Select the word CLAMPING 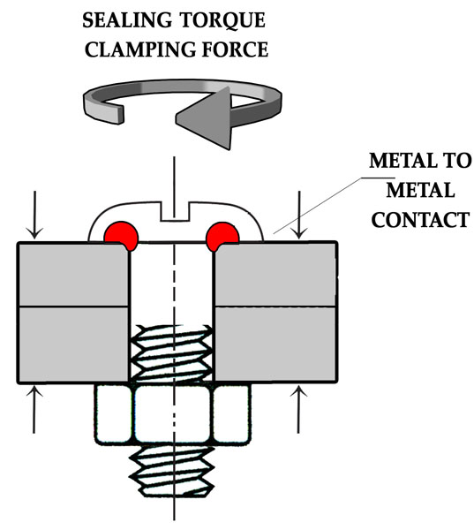pyautogui.click(x=139, y=49)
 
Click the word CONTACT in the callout pyautogui.click(x=420, y=220)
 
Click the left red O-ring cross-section pyautogui.click(x=121, y=236)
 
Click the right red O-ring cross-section pyautogui.click(x=223, y=236)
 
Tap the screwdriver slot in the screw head pyautogui.click(x=174, y=212)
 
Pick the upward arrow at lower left pyautogui.click(x=34, y=409)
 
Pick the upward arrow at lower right pyautogui.click(x=298, y=409)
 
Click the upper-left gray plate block pyautogui.click(x=73, y=275)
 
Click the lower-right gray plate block pyautogui.click(x=276, y=344)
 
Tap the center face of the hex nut pyautogui.click(x=174, y=414)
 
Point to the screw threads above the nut pyautogui.click(x=172, y=353)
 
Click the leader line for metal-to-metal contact pyautogui.click(x=334, y=205)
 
